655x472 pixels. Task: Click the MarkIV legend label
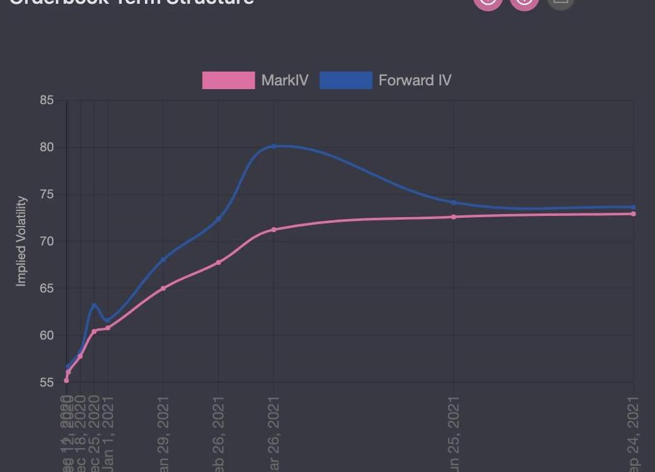[x=284, y=80]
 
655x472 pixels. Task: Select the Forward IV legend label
[x=415, y=80]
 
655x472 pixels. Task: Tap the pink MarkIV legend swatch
[x=228, y=80]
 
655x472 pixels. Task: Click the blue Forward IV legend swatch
[x=346, y=80]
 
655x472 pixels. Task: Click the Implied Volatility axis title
[x=21, y=241]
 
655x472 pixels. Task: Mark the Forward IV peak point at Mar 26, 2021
[x=274, y=146]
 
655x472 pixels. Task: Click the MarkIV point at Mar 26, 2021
[x=274, y=230]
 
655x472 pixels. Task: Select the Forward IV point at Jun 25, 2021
[x=454, y=202]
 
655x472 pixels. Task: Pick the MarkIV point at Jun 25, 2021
[x=454, y=217]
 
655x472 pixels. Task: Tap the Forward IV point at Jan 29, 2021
[x=163, y=260]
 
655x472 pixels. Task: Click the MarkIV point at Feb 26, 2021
[x=218, y=262]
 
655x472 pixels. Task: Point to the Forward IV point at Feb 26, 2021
[x=218, y=219]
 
